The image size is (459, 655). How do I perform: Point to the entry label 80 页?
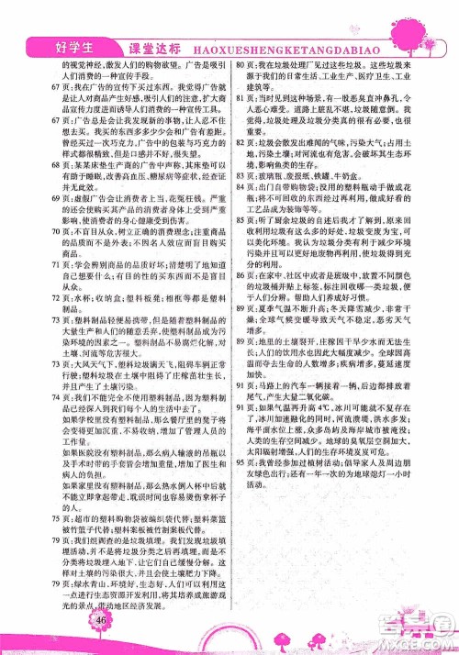(x=245, y=68)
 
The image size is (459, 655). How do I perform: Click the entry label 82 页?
(x=245, y=145)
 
